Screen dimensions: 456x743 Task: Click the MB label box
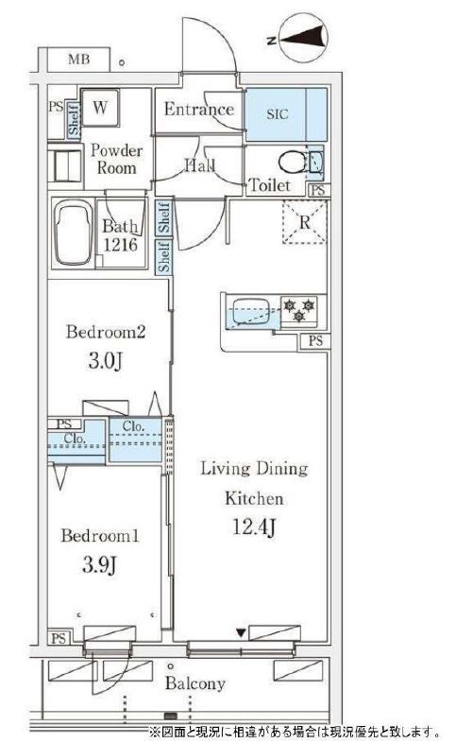click(78, 60)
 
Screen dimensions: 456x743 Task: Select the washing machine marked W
click(100, 108)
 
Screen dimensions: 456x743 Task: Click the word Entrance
click(198, 110)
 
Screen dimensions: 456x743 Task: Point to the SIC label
click(278, 114)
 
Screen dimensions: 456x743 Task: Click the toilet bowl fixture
click(294, 163)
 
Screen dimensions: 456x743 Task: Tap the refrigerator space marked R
click(305, 222)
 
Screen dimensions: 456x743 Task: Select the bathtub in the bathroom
click(73, 233)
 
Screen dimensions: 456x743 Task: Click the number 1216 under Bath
click(120, 245)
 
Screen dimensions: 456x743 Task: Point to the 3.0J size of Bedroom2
click(106, 361)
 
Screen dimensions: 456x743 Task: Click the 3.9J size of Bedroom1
click(99, 565)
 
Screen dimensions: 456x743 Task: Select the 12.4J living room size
click(254, 527)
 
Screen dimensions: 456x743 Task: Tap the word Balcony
click(194, 683)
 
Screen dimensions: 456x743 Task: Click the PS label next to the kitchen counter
click(315, 340)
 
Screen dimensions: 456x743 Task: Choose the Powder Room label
click(116, 159)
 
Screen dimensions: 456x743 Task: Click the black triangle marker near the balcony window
click(242, 632)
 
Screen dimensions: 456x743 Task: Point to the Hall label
click(199, 165)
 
